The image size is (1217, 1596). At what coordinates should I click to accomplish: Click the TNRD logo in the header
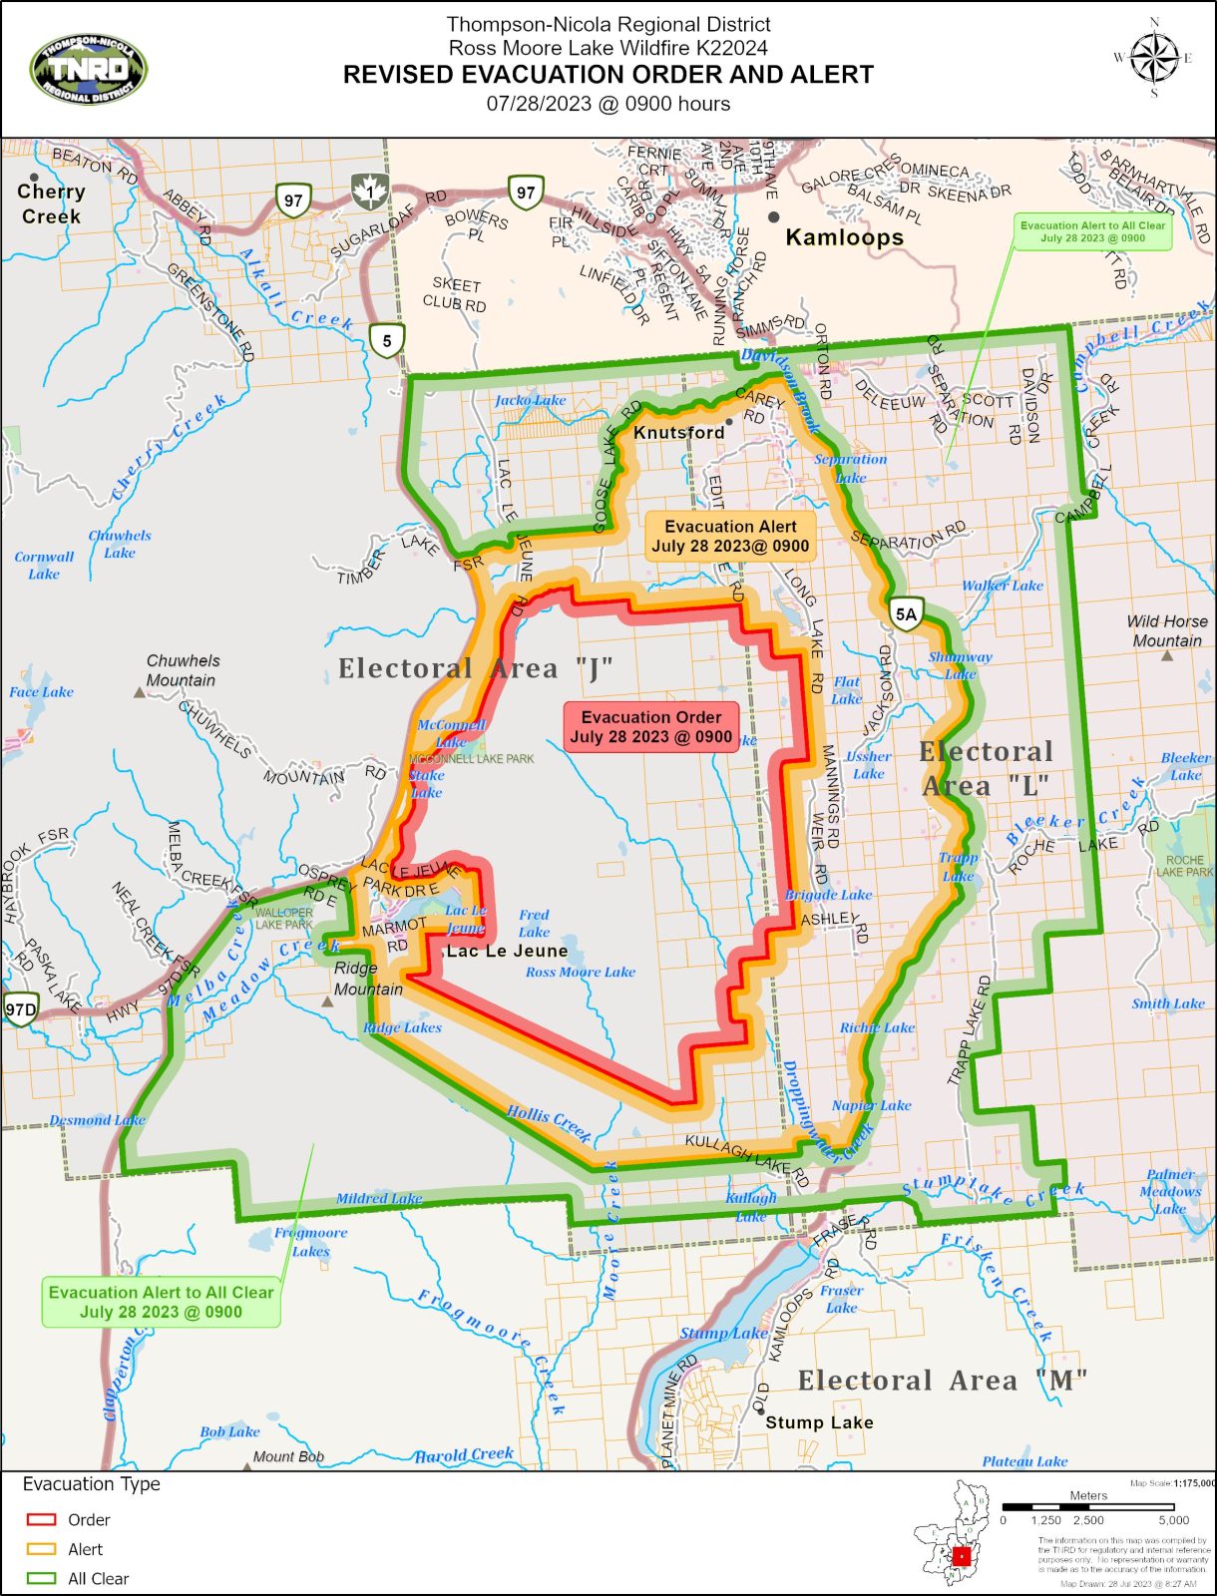pyautogui.click(x=89, y=70)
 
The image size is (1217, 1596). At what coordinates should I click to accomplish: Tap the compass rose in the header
pyautogui.click(x=1154, y=58)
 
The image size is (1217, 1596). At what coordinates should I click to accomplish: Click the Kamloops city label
pyautogui.click(x=844, y=237)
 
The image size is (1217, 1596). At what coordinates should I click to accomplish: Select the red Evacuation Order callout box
pyautogui.click(x=651, y=726)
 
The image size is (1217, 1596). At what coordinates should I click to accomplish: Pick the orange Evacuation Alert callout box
pyautogui.click(x=730, y=536)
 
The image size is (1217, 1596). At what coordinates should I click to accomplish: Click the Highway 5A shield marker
pyautogui.click(x=906, y=614)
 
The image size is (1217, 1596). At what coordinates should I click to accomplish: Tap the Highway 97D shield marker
pyautogui.click(x=20, y=1008)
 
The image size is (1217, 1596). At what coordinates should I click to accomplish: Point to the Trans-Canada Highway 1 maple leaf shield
pyautogui.click(x=370, y=191)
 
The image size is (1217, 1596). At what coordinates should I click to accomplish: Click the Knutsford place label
pyautogui.click(x=679, y=432)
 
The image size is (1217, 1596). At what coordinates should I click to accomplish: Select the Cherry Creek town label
pyautogui.click(x=51, y=203)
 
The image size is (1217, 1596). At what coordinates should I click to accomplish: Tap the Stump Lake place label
pyautogui.click(x=819, y=1422)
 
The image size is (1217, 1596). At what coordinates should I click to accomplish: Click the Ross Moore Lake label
pyautogui.click(x=580, y=972)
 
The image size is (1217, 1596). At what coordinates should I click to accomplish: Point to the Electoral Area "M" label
pyautogui.click(x=942, y=1381)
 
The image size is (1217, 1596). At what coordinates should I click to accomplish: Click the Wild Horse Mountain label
pyautogui.click(x=1167, y=630)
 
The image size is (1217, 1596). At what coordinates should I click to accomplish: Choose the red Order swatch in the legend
pyautogui.click(x=41, y=1519)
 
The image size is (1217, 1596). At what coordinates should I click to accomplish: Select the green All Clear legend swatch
pyautogui.click(x=41, y=1578)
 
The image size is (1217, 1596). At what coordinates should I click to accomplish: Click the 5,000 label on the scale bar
pyautogui.click(x=1173, y=1520)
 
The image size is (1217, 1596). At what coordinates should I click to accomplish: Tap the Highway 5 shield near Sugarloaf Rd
pyautogui.click(x=387, y=340)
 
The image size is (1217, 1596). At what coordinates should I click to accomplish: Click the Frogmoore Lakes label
pyautogui.click(x=311, y=1241)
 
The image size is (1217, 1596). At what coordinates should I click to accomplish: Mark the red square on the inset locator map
pyautogui.click(x=962, y=1555)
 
